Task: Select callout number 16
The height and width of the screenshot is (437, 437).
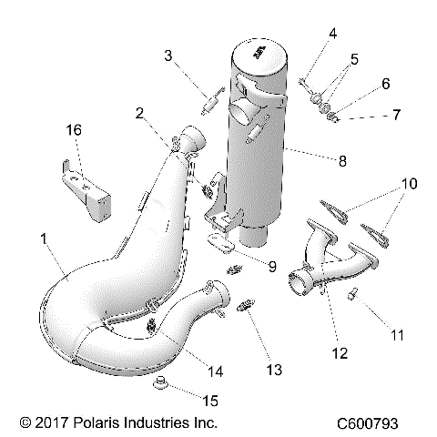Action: point(74,132)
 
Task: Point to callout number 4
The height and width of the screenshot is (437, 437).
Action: point(332,35)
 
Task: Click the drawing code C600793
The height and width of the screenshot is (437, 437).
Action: point(381,423)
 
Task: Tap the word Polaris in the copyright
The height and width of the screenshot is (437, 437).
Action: point(91,423)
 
